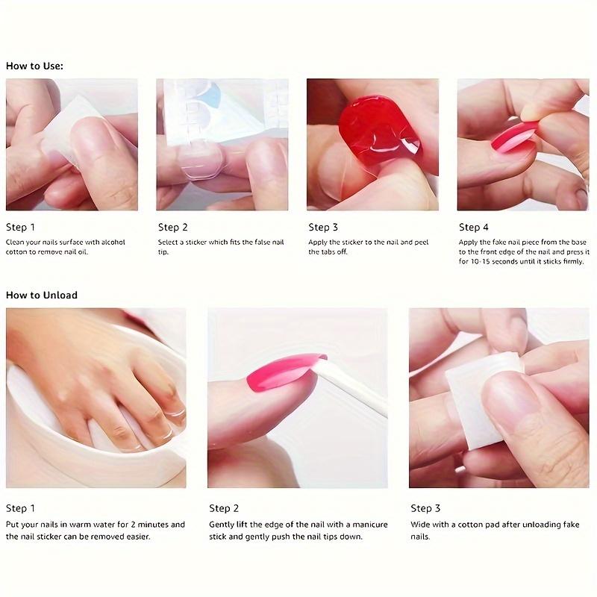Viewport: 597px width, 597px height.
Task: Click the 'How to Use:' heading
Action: click(34, 66)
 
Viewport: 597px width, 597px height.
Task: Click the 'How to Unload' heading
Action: click(42, 295)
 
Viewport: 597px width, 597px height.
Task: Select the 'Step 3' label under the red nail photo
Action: click(323, 227)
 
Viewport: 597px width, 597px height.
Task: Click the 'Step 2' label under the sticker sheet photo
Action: click(172, 227)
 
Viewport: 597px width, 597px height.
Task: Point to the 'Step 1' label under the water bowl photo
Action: click(20, 508)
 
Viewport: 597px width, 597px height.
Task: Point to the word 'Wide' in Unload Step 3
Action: click(420, 525)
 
